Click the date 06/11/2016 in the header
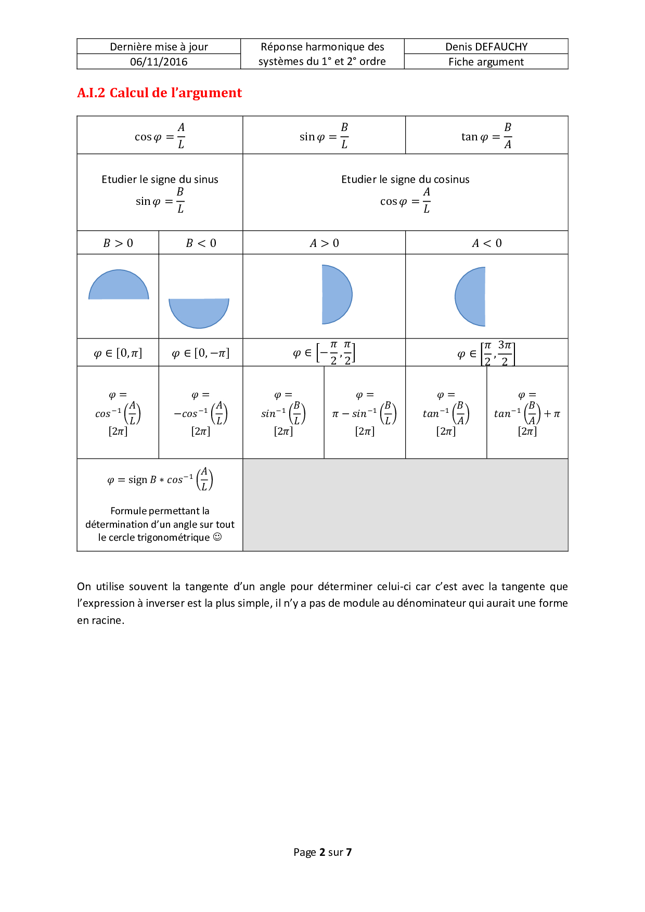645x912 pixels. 159,62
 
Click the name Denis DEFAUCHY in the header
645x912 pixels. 486,47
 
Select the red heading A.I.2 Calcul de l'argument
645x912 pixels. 159,93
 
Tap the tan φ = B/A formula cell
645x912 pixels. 486,136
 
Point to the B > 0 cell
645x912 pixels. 118,243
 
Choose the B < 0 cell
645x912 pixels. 201,243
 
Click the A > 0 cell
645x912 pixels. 324,243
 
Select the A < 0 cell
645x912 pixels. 487,243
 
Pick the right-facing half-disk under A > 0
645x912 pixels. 335,294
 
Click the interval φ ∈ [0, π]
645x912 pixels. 118,354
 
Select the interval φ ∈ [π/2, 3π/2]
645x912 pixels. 486,354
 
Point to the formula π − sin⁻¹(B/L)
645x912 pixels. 365,414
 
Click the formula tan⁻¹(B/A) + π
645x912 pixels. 527,414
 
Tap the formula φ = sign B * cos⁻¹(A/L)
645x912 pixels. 160,479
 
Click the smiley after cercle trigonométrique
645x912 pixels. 217,537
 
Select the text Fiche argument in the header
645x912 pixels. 486,62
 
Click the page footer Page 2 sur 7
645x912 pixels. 322,852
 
